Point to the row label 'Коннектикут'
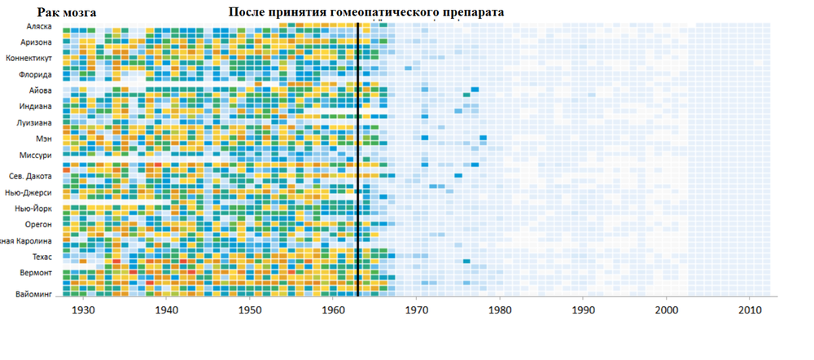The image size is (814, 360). [x=29, y=59]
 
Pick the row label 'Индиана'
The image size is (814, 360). [x=36, y=107]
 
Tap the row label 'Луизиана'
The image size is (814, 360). [x=34, y=123]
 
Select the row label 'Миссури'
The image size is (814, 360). [x=36, y=156]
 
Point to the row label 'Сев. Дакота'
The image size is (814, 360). [x=31, y=176]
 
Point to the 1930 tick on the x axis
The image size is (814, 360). [x=82, y=310]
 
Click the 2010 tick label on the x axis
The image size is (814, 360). [x=750, y=310]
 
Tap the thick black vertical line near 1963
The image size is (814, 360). [x=357, y=163]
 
